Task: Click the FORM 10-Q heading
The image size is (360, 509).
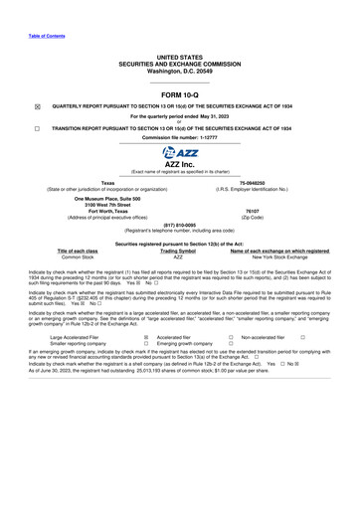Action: coord(179,94)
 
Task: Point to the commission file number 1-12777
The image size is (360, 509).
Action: coord(180,137)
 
